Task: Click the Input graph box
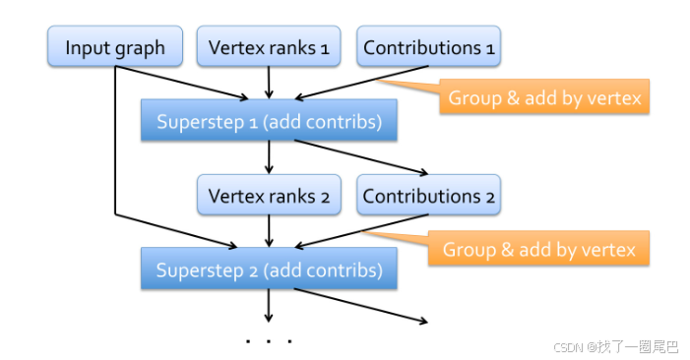point(114,47)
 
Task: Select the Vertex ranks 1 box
point(269,47)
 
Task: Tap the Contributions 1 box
point(428,47)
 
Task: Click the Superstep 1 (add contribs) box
point(269,121)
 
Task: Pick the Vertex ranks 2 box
point(269,195)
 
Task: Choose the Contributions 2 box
point(428,195)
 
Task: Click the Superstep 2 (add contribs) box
point(269,269)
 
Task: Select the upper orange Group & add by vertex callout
point(544,97)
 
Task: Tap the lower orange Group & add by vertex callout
point(539,249)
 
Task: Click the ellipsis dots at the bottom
point(269,340)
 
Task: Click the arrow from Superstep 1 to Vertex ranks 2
point(269,157)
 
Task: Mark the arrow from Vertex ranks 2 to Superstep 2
point(269,230)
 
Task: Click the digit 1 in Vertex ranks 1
point(324,47)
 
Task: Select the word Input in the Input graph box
point(85,47)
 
